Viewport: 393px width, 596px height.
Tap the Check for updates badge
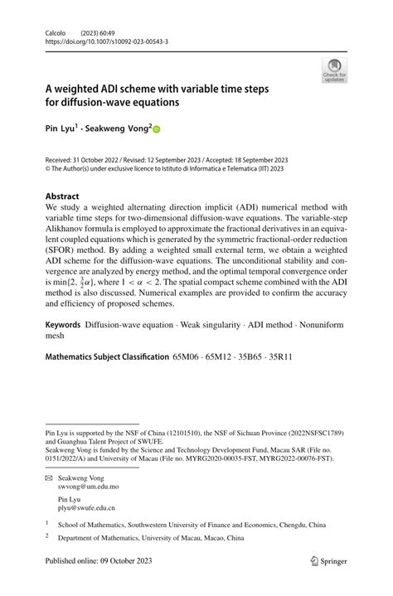point(334,70)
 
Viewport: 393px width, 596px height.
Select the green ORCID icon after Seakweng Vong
point(155,129)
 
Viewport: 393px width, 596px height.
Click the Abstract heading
point(66,196)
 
